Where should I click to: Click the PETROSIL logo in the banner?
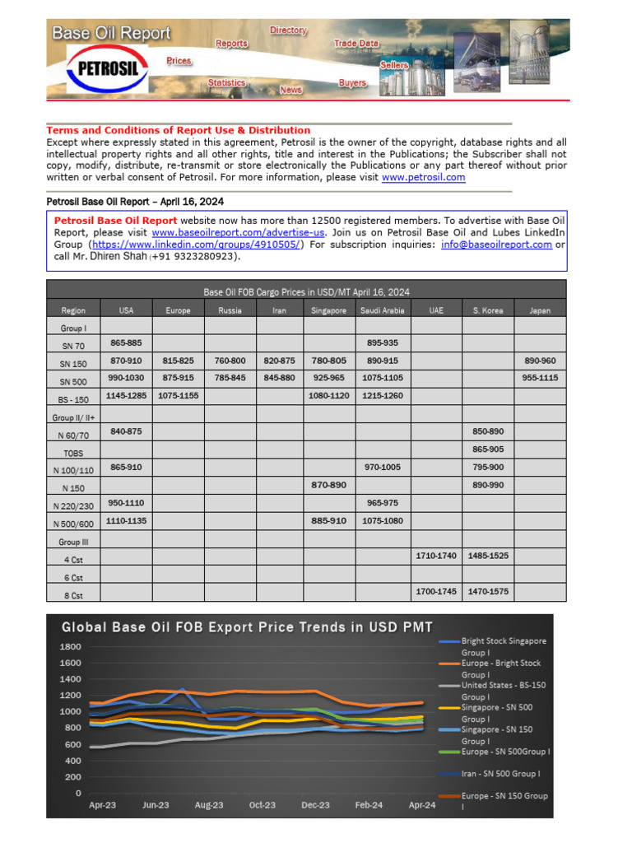point(107,69)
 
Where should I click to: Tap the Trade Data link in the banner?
point(356,43)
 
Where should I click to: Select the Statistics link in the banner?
point(226,83)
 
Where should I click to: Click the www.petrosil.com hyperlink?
point(424,177)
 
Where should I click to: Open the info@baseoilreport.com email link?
point(496,245)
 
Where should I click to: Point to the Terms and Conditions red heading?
point(179,130)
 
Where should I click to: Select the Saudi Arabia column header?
point(382,310)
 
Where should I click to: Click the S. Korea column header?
point(488,310)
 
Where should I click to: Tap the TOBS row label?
point(73,453)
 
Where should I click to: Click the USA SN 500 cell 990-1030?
point(126,378)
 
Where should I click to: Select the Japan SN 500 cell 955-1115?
point(540,378)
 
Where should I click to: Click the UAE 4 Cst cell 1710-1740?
point(436,556)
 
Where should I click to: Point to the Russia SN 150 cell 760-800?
point(230,361)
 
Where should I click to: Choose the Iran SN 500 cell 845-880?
point(280,378)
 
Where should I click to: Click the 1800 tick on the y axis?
point(70,647)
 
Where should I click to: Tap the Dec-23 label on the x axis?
point(315,805)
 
